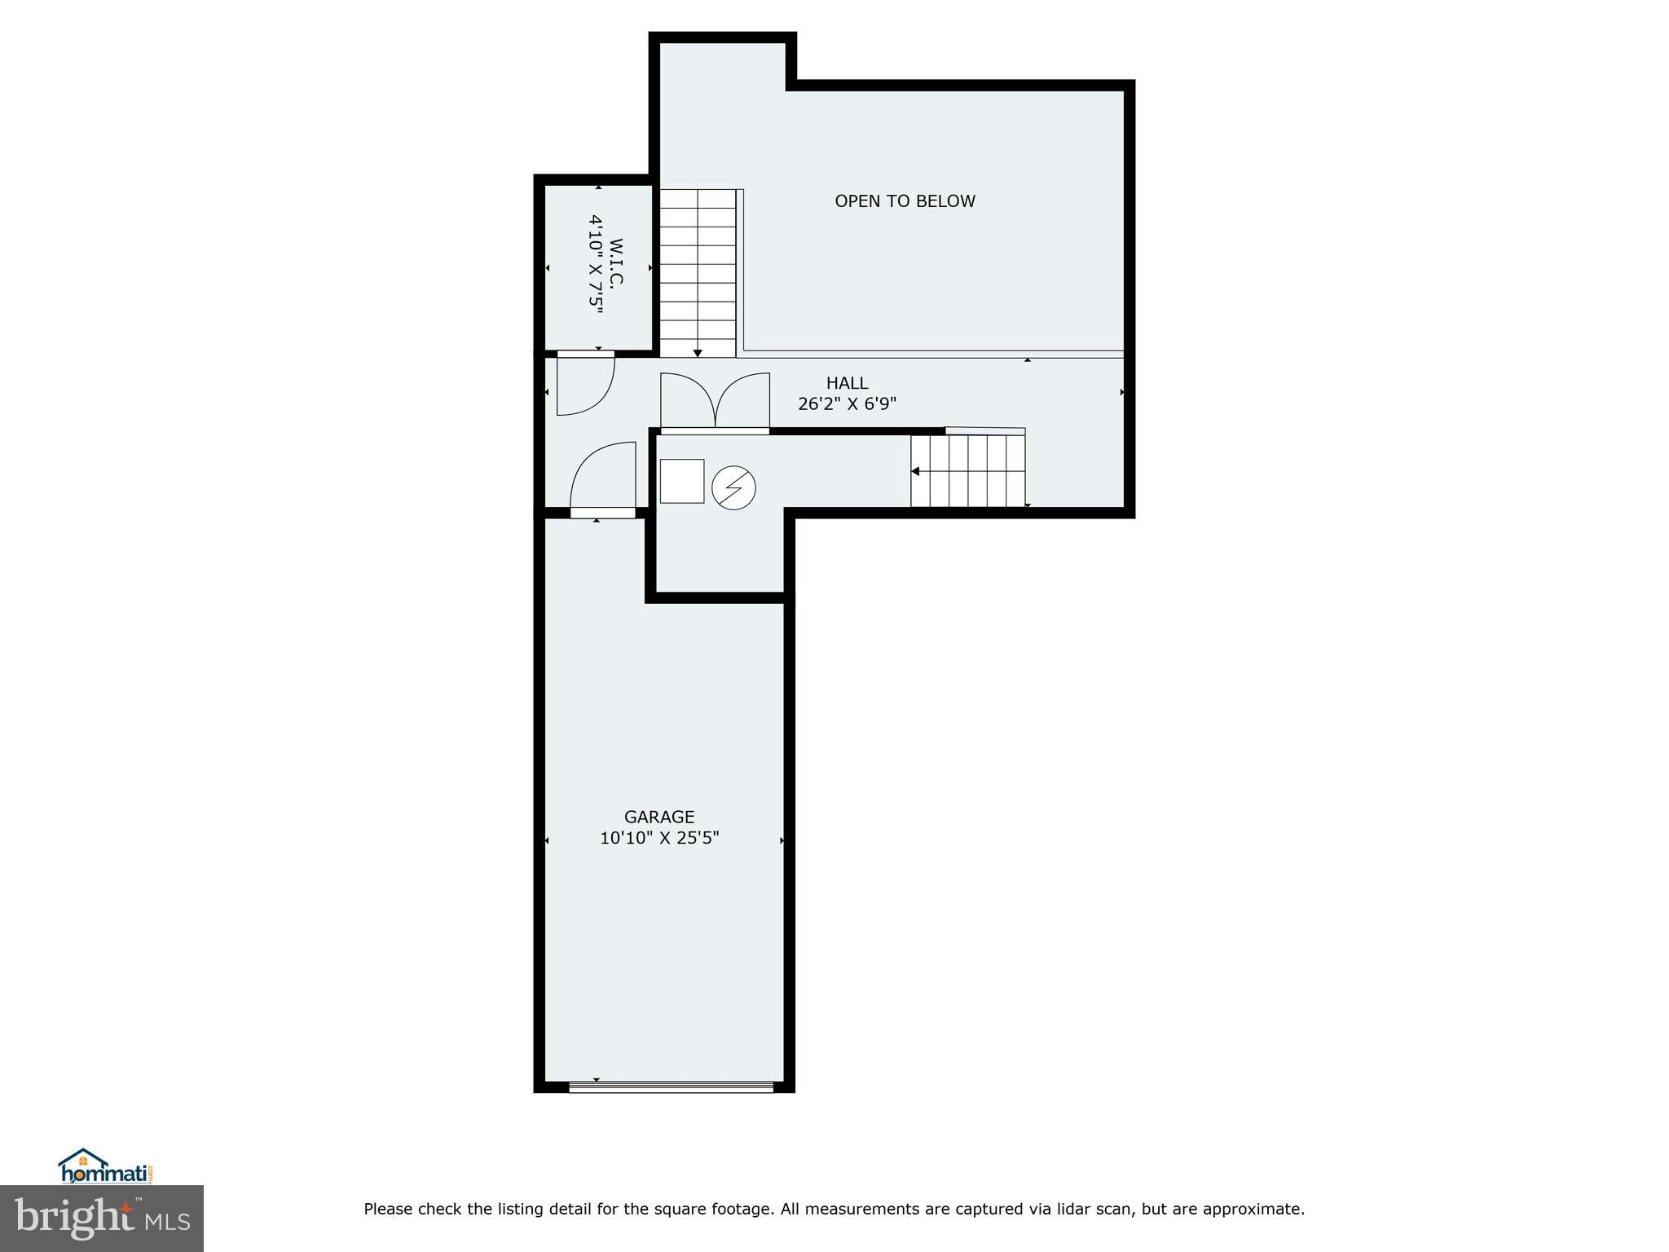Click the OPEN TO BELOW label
tap(905, 201)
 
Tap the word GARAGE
tap(659, 817)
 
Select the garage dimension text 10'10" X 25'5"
tap(659, 838)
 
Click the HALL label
tap(847, 383)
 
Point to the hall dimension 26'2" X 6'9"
tap(847, 403)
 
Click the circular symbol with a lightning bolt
tap(733, 488)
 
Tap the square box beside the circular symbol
tap(681, 481)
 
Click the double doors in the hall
tap(715, 402)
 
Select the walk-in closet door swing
tap(583, 386)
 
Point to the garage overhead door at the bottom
tap(671, 1087)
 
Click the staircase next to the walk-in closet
tap(697, 272)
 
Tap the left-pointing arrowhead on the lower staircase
tap(915, 471)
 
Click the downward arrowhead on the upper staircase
tap(698, 353)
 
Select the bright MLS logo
tap(102, 1218)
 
